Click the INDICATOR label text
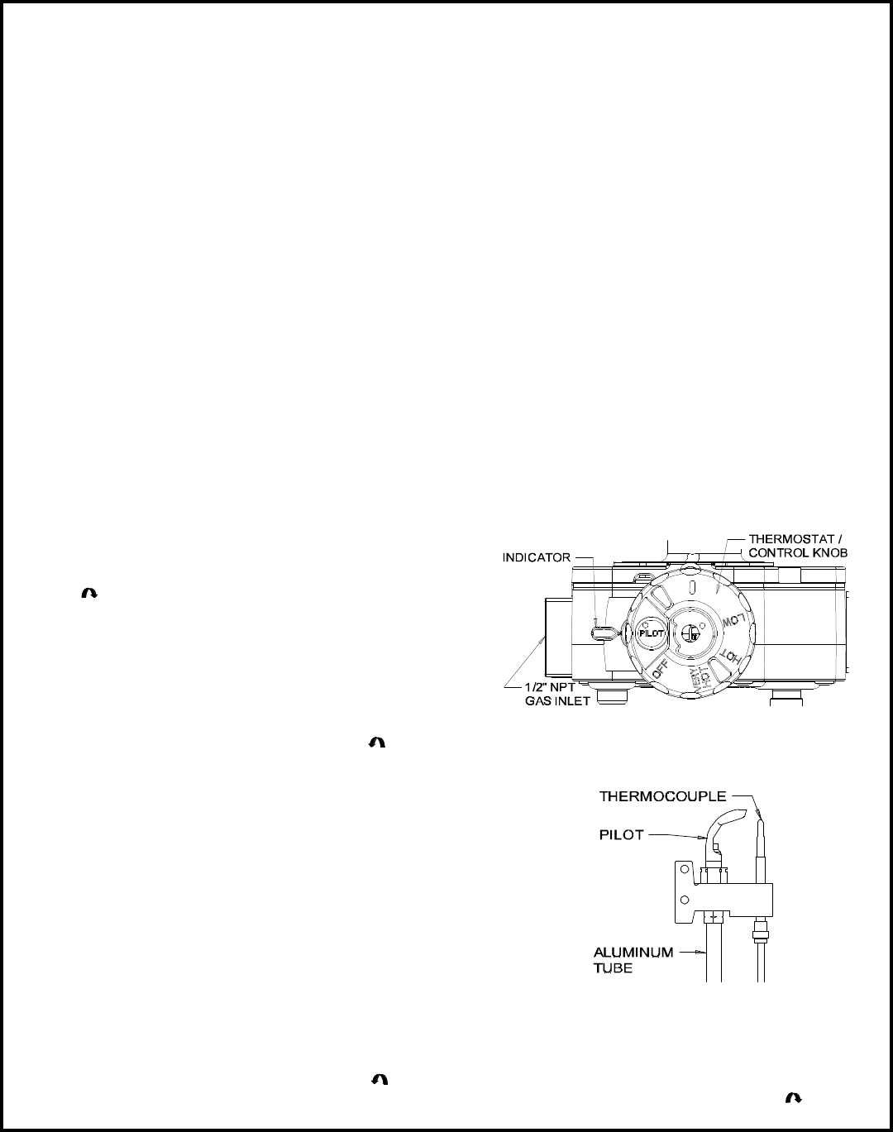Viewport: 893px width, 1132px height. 537,557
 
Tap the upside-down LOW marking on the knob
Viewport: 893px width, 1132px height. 735,621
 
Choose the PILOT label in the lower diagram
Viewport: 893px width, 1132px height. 622,835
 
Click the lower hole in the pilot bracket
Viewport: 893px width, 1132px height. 682,899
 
